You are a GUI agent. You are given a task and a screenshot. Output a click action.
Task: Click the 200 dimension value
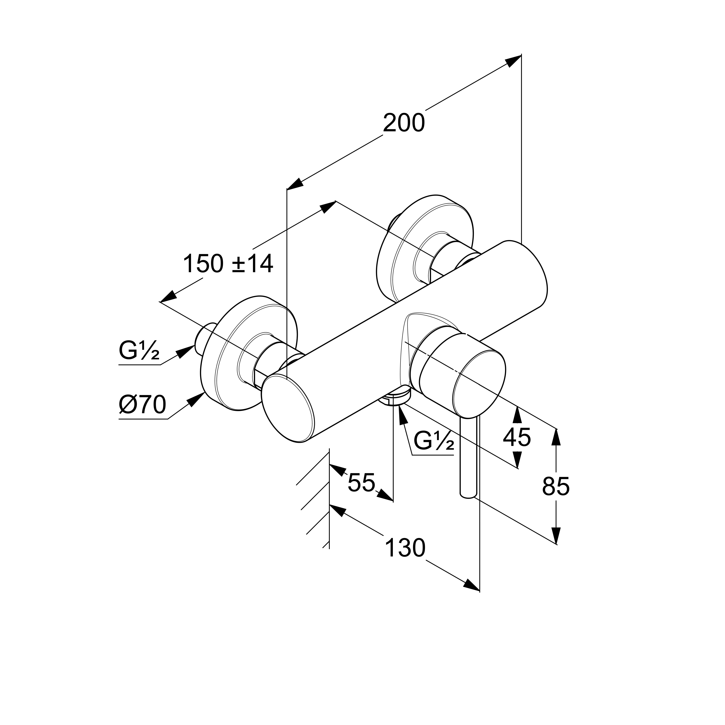coord(404,123)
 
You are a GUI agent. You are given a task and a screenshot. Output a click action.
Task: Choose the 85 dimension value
coord(556,486)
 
